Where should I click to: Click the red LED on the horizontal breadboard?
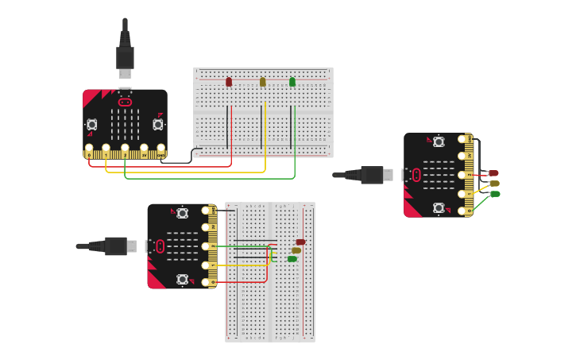pyautogui.click(x=229, y=82)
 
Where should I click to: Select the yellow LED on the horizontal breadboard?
pyautogui.click(x=262, y=82)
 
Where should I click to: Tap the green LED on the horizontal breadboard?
pyautogui.click(x=292, y=82)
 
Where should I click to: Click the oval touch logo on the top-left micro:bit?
pyautogui.click(x=125, y=102)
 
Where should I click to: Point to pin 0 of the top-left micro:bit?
pyautogui.click(x=89, y=149)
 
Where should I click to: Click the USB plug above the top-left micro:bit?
pyautogui.click(x=125, y=57)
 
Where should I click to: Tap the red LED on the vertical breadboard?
pyautogui.click(x=300, y=242)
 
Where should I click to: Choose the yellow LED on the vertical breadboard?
pyautogui.click(x=296, y=250)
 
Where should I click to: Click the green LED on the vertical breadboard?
pyautogui.click(x=292, y=258)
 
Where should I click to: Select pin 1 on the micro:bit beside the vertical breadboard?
pyautogui.click(x=209, y=246)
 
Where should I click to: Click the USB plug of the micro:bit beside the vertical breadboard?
pyautogui.click(x=117, y=246)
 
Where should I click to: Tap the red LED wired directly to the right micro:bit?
pyautogui.click(x=493, y=173)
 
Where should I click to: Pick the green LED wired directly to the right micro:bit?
pyautogui.click(x=495, y=194)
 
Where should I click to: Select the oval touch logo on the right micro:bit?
pyautogui.click(x=416, y=175)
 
